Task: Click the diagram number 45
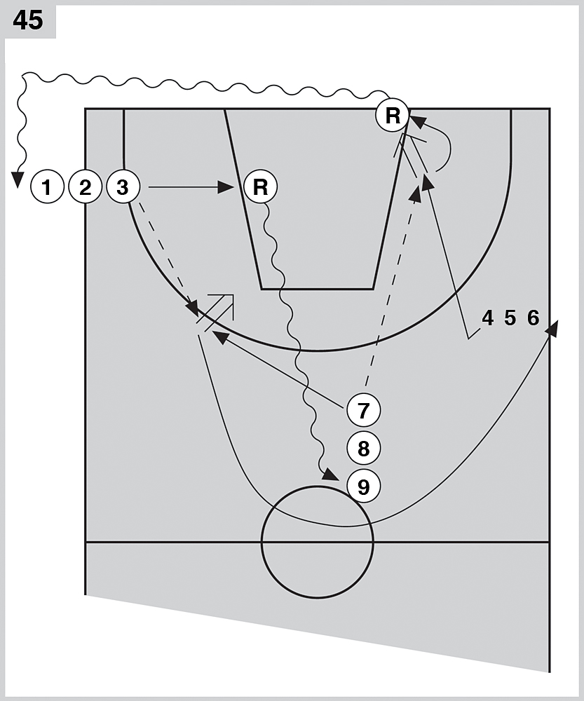[28, 20]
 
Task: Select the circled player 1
[47, 187]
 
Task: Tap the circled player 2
[86, 187]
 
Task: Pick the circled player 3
[123, 187]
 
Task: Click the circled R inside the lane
[260, 187]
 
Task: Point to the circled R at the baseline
[393, 116]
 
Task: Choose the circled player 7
[363, 410]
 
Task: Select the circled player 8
[363, 447]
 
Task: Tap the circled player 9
[363, 484]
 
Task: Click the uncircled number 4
[487, 318]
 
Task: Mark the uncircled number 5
[510, 318]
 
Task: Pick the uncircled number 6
[534, 318]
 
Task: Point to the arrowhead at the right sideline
[554, 327]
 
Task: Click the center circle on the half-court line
[318, 541]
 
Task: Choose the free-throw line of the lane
[317, 288]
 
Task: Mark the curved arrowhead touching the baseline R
[414, 122]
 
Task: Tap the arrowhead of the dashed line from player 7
[416, 194]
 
